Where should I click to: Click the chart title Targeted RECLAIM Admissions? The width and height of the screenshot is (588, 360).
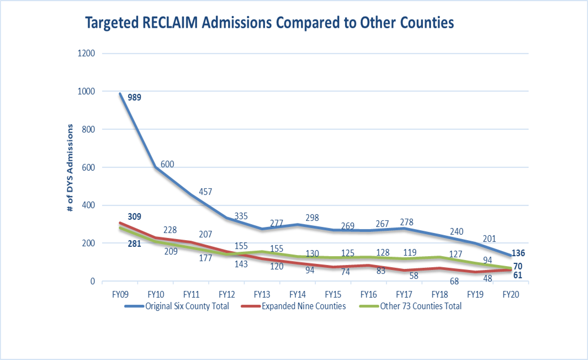pos(269,23)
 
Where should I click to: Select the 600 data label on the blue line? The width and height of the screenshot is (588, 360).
pos(168,164)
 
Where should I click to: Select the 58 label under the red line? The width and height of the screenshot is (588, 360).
pos(414,276)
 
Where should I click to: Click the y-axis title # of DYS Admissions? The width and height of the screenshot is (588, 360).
pos(70,167)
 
